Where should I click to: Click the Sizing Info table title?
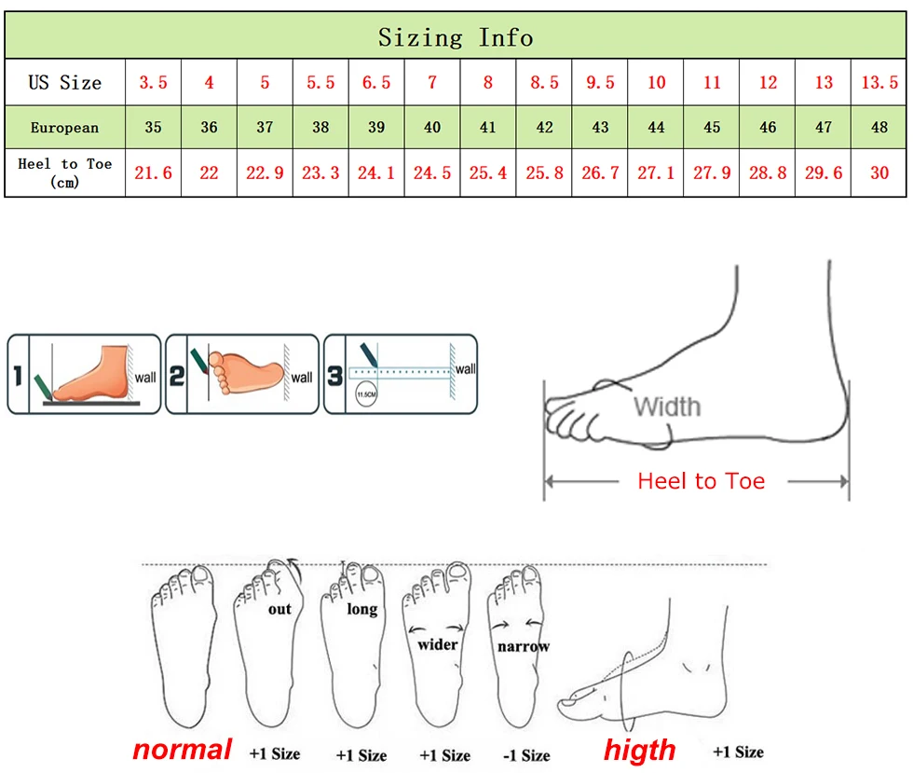[456, 37]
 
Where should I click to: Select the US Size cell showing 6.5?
[376, 82]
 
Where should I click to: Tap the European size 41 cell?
[488, 128]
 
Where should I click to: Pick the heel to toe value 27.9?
[712, 173]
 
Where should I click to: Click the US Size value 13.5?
[879, 82]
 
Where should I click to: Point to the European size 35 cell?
[153, 128]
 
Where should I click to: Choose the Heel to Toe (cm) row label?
[64, 173]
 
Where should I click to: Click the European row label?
[64, 128]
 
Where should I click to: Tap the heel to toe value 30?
[879, 173]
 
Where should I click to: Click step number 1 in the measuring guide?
[18, 377]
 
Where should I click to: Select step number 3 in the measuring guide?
[334, 377]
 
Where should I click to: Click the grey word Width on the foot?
[667, 407]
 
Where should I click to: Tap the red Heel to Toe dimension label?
[701, 481]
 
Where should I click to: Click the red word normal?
[182, 749]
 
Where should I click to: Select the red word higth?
[640, 749]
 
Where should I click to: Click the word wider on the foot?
[438, 643]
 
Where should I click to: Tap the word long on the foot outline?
[362, 609]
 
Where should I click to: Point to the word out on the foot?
[279, 609]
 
